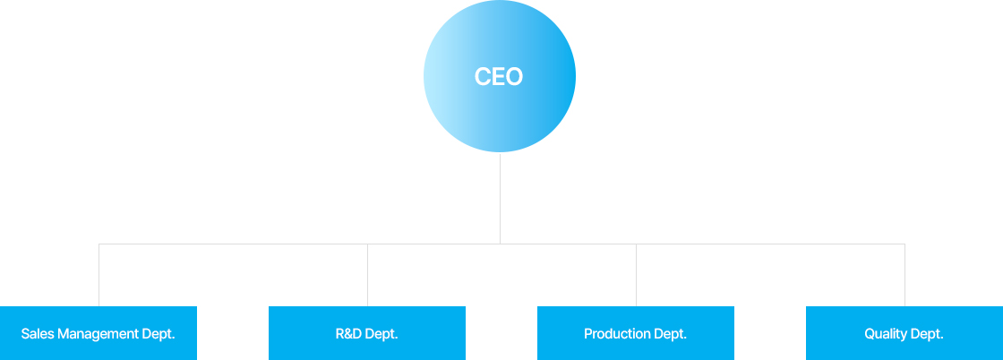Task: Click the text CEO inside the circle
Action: [x=499, y=77]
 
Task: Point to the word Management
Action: [x=95, y=334]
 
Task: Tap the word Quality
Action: [x=886, y=334]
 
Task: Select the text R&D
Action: [x=349, y=334]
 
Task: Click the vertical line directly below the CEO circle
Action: [x=500, y=197]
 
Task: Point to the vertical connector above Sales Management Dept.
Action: [x=99, y=275]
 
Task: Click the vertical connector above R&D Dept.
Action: [x=367, y=275]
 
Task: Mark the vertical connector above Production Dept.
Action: [x=636, y=275]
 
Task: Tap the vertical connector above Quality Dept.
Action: [x=904, y=275]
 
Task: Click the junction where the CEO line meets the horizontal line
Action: [x=500, y=244]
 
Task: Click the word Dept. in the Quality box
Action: [x=927, y=334]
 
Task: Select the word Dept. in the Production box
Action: [x=670, y=334]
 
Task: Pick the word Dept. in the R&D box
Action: [x=381, y=334]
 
